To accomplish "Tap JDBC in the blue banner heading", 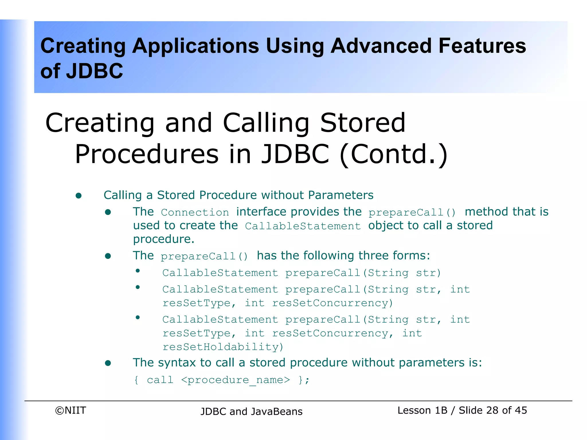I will pos(94,71).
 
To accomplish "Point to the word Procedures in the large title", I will pos(146,154).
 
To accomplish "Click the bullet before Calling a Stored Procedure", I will pos(79,196).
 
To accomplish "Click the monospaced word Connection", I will pos(195,213).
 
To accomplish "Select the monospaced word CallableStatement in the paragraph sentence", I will pos(303,226).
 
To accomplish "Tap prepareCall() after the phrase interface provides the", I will pos(412,213).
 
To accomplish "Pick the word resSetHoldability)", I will pos(223,347).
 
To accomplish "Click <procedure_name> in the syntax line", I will pos(235,380).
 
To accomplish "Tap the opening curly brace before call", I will pos(136,380).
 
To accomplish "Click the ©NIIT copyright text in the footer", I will pos(71,410).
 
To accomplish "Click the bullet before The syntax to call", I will pos(108,363).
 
